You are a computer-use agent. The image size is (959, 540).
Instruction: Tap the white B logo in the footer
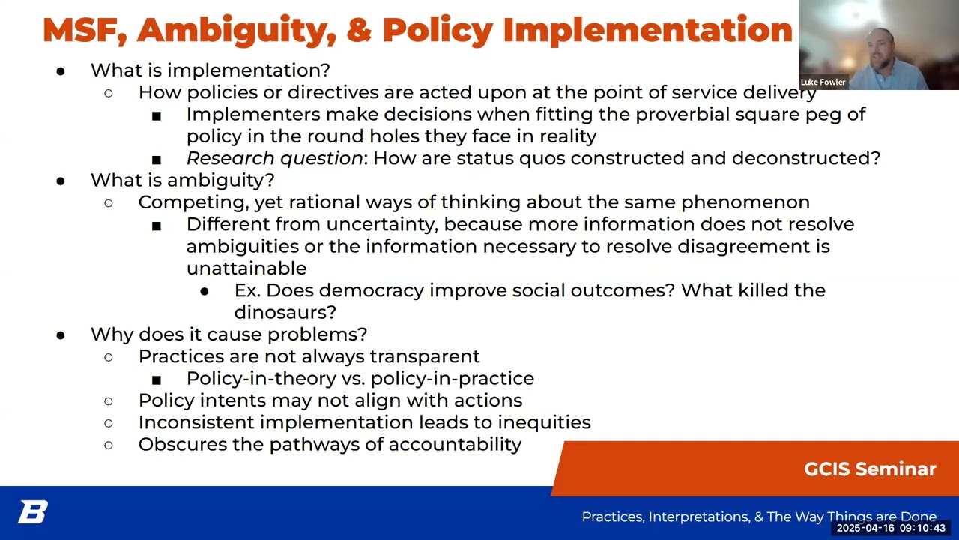click(x=33, y=513)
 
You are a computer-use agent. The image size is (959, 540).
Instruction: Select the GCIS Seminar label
click(x=870, y=469)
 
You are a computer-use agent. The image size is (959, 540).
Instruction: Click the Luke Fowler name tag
click(x=823, y=82)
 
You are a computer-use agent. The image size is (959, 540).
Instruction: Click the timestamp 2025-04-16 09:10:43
click(x=891, y=529)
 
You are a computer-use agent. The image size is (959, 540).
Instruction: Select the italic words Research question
click(x=274, y=158)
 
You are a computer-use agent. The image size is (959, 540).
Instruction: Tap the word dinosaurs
click(x=285, y=312)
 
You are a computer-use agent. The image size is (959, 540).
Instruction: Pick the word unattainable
click(x=246, y=268)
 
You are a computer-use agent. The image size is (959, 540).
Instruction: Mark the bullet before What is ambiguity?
click(x=61, y=181)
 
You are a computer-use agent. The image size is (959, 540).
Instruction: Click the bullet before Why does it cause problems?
click(x=61, y=334)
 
